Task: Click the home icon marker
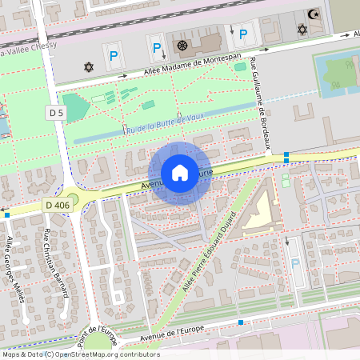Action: [180, 173]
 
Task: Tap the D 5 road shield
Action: [55, 113]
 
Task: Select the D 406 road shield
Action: [57, 206]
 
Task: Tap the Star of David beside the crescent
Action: [302, 30]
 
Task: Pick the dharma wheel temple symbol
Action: [182, 46]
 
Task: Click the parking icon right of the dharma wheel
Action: [243, 34]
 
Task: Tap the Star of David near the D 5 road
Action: [87, 65]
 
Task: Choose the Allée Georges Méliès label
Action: [15, 270]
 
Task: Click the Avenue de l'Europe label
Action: [171, 333]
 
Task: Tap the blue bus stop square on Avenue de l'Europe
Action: [240, 322]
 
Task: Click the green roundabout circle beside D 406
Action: [73, 198]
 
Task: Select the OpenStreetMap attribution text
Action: [80, 354]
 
